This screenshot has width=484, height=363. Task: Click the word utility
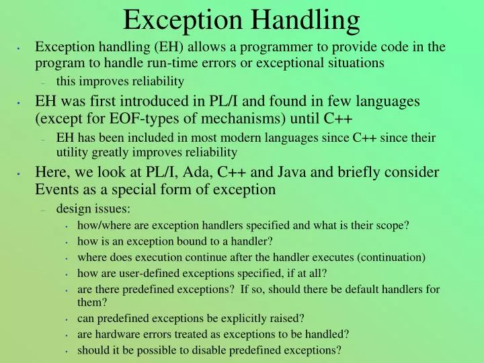72,152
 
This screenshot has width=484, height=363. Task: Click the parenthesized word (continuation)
383,257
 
